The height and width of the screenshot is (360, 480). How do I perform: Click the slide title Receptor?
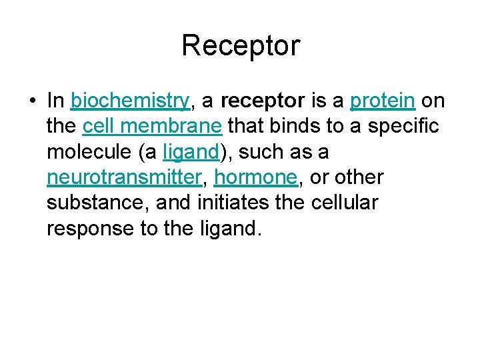coord(241,46)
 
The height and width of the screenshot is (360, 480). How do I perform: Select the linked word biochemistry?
coord(131,101)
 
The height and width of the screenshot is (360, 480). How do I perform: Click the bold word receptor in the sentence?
coord(261,101)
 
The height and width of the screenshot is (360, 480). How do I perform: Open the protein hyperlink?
coord(383,101)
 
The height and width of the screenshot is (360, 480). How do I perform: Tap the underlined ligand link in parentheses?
coord(191,152)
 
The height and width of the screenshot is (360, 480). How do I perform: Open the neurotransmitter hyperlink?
coord(124,177)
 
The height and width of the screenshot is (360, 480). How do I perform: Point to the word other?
coord(360,177)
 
